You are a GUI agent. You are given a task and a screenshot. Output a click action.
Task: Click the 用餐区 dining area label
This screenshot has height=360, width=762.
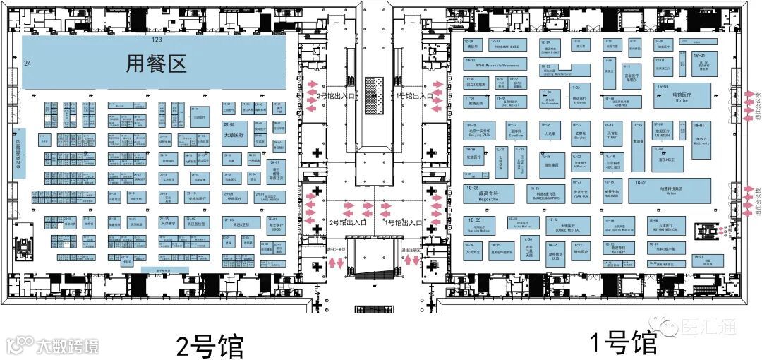(156, 64)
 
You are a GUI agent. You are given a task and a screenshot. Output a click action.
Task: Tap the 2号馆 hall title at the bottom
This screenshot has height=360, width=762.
(210, 346)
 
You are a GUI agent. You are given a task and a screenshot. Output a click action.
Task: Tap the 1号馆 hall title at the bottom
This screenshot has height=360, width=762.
(623, 344)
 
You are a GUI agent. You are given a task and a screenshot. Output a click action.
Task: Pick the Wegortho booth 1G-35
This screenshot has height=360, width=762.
(488, 193)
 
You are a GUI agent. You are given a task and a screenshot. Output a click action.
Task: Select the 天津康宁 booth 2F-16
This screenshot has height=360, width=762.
(168, 224)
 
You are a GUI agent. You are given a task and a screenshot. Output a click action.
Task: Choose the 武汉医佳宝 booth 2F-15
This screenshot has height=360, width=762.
(196, 224)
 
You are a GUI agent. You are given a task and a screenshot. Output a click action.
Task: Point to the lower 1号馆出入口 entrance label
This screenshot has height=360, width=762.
(404, 222)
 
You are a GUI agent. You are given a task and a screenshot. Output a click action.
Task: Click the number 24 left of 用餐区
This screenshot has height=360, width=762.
(28, 64)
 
